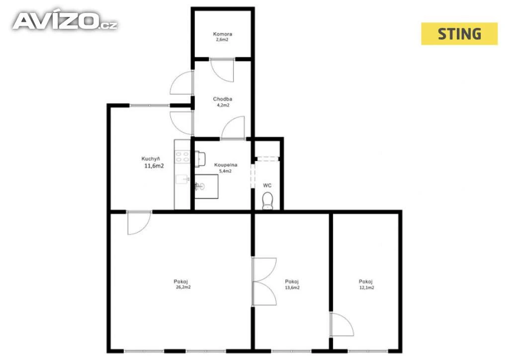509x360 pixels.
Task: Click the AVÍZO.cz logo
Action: pyautogui.click(x=65, y=21)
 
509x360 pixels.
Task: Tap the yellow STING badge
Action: pyautogui.click(x=459, y=34)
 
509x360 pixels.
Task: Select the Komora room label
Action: pyautogui.click(x=222, y=34)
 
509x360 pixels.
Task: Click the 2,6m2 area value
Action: pyautogui.click(x=222, y=40)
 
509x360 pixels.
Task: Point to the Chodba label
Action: pyautogui.click(x=222, y=99)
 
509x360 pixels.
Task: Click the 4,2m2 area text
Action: pyautogui.click(x=223, y=105)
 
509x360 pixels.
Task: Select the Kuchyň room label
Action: pyautogui.click(x=151, y=159)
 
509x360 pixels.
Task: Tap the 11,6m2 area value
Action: pyautogui.click(x=154, y=166)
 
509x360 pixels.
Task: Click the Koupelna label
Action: pyautogui.click(x=226, y=165)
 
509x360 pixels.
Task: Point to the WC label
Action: pyautogui.click(x=267, y=185)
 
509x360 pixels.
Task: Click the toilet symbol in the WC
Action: pyautogui.click(x=267, y=201)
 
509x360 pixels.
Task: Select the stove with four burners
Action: pyautogui.click(x=182, y=157)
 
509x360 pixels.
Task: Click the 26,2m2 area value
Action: pyautogui.click(x=183, y=287)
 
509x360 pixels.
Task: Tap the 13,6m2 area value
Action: pyautogui.click(x=292, y=287)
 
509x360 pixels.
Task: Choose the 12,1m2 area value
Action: pyautogui.click(x=367, y=287)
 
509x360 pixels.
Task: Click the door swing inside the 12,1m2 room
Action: pyautogui.click(x=341, y=324)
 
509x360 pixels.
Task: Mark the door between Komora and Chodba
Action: pyautogui.click(x=222, y=70)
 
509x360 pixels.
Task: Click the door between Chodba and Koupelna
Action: pyautogui.click(x=233, y=128)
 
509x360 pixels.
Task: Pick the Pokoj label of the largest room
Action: pyautogui.click(x=181, y=281)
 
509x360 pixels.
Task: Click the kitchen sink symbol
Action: pyautogui.click(x=182, y=179)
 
